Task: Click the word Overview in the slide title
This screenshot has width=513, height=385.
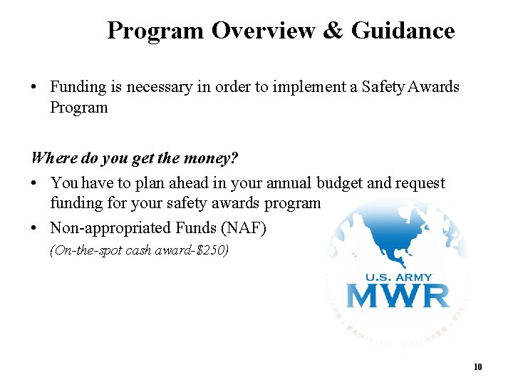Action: [263, 31]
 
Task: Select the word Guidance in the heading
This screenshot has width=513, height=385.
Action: [403, 31]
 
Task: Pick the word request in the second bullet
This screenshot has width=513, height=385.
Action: [420, 183]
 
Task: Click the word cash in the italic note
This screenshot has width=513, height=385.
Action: [138, 250]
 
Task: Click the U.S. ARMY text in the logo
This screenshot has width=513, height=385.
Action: [398, 276]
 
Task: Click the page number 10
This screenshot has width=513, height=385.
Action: [477, 367]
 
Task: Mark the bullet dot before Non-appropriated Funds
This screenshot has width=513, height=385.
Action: [35, 228]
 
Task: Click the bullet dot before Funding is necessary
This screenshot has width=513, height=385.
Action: [35, 87]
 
